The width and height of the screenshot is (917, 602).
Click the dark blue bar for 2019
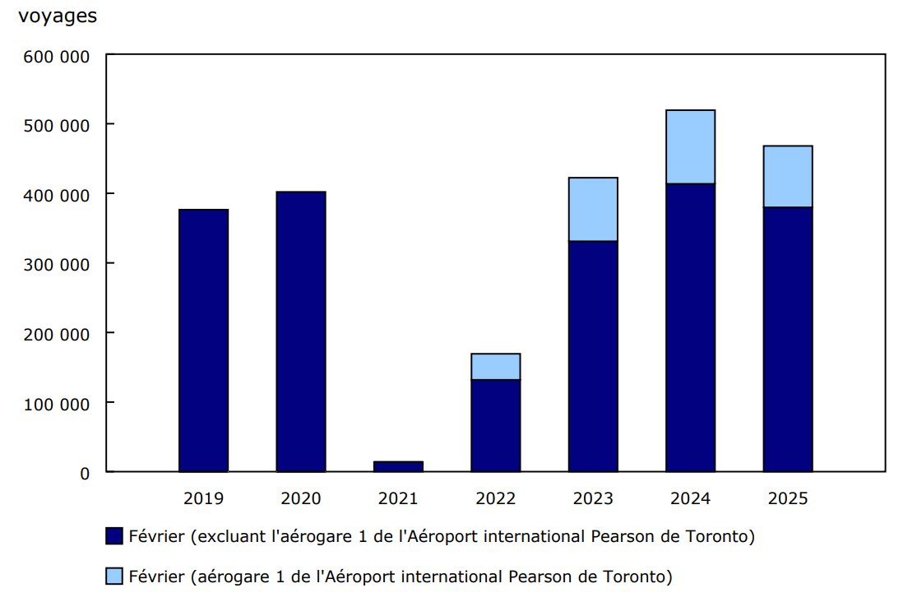tap(203, 340)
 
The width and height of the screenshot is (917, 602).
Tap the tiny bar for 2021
tap(398, 466)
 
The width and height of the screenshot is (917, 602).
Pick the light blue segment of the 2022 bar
tap(495, 367)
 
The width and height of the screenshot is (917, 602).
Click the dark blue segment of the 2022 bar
tap(495, 425)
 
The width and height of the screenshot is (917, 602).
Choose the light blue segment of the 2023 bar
tap(593, 209)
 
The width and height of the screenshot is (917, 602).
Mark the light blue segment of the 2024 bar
tap(690, 146)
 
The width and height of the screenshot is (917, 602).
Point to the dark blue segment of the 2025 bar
tap(787, 339)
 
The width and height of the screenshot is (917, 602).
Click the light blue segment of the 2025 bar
tap(787, 176)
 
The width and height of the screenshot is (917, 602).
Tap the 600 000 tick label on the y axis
tap(57, 55)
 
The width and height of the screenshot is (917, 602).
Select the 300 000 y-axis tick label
tap(57, 264)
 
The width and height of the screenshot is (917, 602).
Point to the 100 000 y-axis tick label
tap(57, 403)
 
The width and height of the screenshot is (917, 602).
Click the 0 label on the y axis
tap(85, 473)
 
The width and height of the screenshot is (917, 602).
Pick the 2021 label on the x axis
tap(398, 498)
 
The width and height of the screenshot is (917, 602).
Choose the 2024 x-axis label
tap(690, 498)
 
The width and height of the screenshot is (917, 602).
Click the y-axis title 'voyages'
tap(58, 16)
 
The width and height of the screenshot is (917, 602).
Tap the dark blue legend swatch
tap(114, 537)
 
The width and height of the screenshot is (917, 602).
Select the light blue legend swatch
tap(114, 577)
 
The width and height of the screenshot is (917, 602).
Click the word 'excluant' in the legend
tap(234, 537)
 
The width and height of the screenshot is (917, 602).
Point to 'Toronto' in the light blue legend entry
tap(640, 577)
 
